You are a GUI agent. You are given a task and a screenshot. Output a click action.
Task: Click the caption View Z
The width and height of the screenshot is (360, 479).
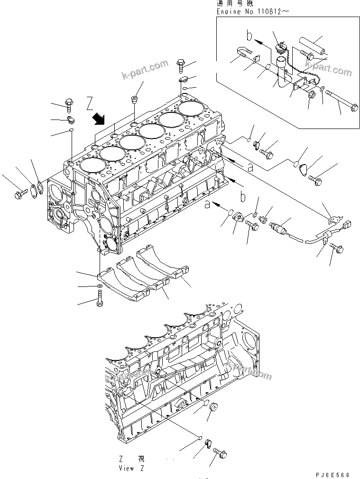(132, 468)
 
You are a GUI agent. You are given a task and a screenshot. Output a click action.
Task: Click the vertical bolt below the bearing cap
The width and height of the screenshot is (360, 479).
(100, 299)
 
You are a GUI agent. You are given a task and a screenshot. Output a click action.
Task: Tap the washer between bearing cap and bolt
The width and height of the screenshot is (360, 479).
(98, 286)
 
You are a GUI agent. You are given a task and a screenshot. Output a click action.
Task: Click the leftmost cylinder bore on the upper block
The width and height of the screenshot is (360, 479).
(91, 165)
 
